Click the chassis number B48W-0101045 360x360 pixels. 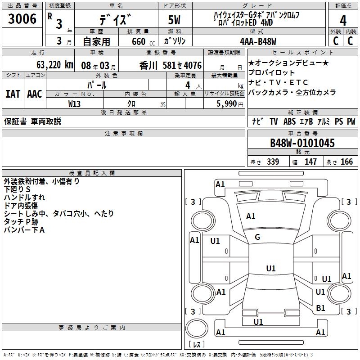(x=302, y=144)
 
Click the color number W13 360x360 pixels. (x=75, y=103)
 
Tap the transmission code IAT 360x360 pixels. (x=13, y=94)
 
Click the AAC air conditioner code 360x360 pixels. (x=34, y=94)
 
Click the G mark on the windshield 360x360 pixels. (x=257, y=237)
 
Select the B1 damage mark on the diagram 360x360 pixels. (x=320, y=308)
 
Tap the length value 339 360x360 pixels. (x=273, y=162)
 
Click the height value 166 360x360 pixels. (x=346, y=162)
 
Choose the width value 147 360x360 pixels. (x=310, y=162)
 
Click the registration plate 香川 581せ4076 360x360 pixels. (x=171, y=65)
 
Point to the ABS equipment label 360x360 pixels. (x=290, y=121)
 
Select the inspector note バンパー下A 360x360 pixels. (x=25, y=230)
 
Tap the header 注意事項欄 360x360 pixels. (x=124, y=134)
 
